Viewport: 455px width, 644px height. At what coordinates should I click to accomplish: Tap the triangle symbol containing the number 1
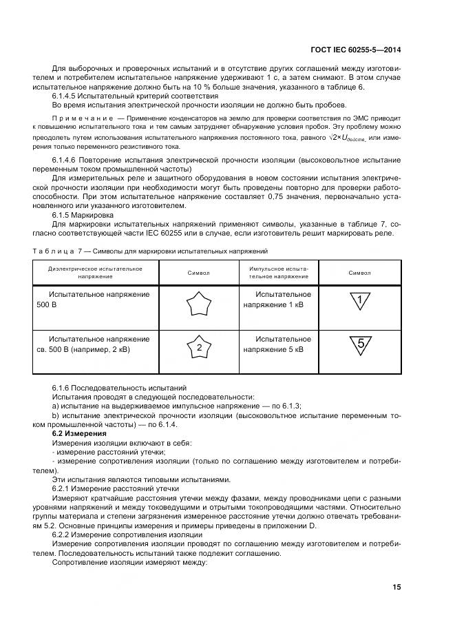[359, 301]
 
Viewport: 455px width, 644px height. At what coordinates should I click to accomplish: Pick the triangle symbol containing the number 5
[359, 346]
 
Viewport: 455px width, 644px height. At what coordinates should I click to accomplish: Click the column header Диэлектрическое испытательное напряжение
[96, 272]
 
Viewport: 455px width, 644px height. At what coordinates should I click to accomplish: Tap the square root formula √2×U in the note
[348, 138]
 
